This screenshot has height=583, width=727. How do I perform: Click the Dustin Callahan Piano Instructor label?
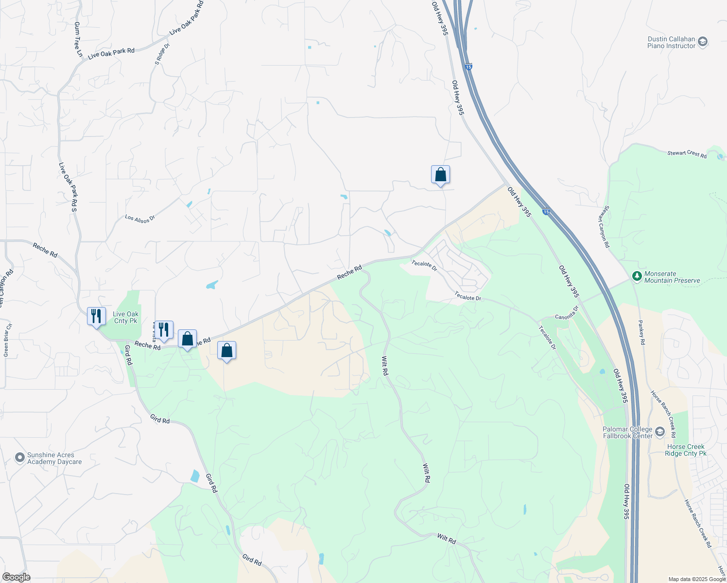pos(671,43)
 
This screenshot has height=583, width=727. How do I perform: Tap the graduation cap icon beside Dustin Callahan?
pos(702,42)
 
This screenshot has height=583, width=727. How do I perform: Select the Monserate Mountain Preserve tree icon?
pos(637,276)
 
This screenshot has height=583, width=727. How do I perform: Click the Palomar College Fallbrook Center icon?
pos(659,432)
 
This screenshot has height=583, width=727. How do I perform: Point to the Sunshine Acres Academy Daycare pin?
pos(20,458)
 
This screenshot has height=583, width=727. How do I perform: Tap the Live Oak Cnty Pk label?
pos(125,318)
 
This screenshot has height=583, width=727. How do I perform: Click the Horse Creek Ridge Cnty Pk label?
pos(686,450)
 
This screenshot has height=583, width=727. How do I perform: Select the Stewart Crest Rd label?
pos(687,154)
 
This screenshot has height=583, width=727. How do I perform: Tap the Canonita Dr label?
pos(567,313)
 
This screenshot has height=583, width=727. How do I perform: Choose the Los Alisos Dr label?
pos(139,219)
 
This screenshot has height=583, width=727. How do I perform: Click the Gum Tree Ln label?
pos(78,39)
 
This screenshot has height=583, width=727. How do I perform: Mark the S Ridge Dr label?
pos(162,54)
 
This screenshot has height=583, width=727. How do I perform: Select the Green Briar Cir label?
pos(7,340)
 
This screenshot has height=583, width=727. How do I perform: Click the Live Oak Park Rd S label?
pos(68,187)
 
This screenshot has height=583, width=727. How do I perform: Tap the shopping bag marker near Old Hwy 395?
pos(440,174)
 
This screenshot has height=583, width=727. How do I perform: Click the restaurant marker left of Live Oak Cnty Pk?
pos(96,316)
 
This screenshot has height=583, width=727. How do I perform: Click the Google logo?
pos(16,577)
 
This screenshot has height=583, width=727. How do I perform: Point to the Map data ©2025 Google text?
pos(697,579)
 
